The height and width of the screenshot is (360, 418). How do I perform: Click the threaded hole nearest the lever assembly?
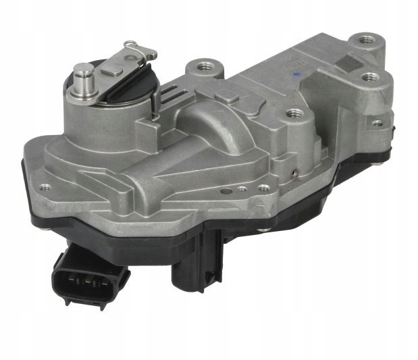pyautogui.click(x=203, y=66)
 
